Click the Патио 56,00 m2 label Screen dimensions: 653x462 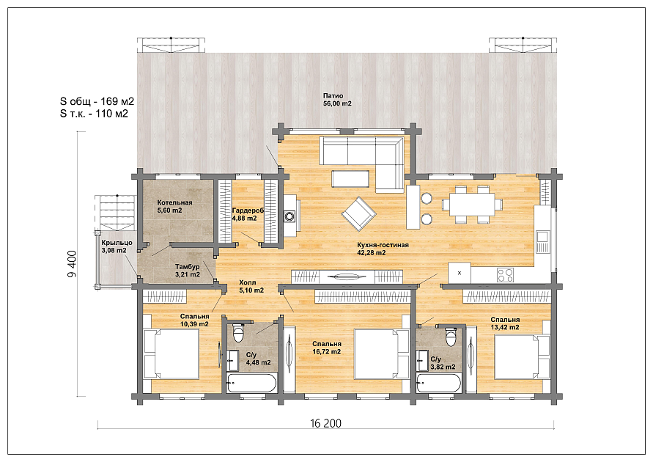[337, 100]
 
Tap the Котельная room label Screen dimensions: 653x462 [174, 202]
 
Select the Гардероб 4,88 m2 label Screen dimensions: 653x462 [248, 214]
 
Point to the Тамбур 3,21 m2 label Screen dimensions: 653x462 [188, 271]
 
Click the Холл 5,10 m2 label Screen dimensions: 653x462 [251, 286]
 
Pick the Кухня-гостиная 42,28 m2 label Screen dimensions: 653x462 [383, 249]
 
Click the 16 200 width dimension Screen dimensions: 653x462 [325, 423]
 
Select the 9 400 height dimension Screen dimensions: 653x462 [72, 264]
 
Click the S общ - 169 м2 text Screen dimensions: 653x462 [97, 101]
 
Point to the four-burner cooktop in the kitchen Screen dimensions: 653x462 [505, 274]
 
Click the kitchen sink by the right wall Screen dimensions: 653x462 [542, 241]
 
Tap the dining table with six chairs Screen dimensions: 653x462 [472, 204]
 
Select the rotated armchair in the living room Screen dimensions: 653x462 [358, 214]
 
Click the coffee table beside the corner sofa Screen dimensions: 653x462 [350, 178]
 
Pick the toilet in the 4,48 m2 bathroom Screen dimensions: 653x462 [239, 332]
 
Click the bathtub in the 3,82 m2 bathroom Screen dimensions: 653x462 [439, 383]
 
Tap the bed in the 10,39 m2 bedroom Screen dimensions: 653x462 [171, 353]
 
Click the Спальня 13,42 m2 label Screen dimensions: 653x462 [505, 323]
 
